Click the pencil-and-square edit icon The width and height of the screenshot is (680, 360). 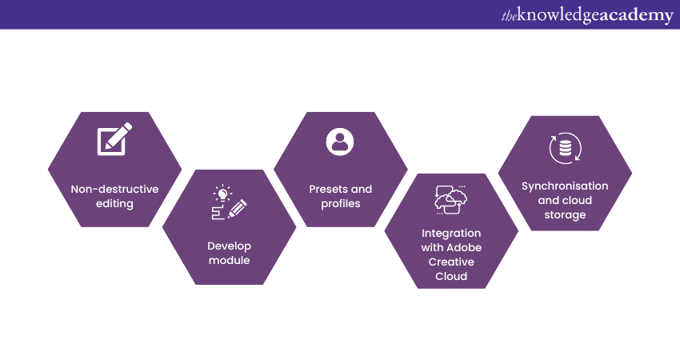[114, 140]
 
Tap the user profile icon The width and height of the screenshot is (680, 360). [340, 141]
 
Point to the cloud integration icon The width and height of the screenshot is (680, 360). [451, 200]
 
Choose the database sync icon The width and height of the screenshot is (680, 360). [565, 150]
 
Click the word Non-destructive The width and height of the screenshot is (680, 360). [114, 190]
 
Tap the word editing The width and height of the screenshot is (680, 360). [114, 204]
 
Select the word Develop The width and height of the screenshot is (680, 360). [229, 246]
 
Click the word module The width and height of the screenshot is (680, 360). [229, 261]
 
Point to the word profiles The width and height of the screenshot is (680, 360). [340, 204]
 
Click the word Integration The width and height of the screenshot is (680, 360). [451, 234]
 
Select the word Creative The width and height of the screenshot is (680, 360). [451, 262]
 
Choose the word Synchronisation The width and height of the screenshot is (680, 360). [565, 186]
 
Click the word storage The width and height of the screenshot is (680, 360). [565, 215]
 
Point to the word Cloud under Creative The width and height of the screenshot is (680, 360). [451, 277]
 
